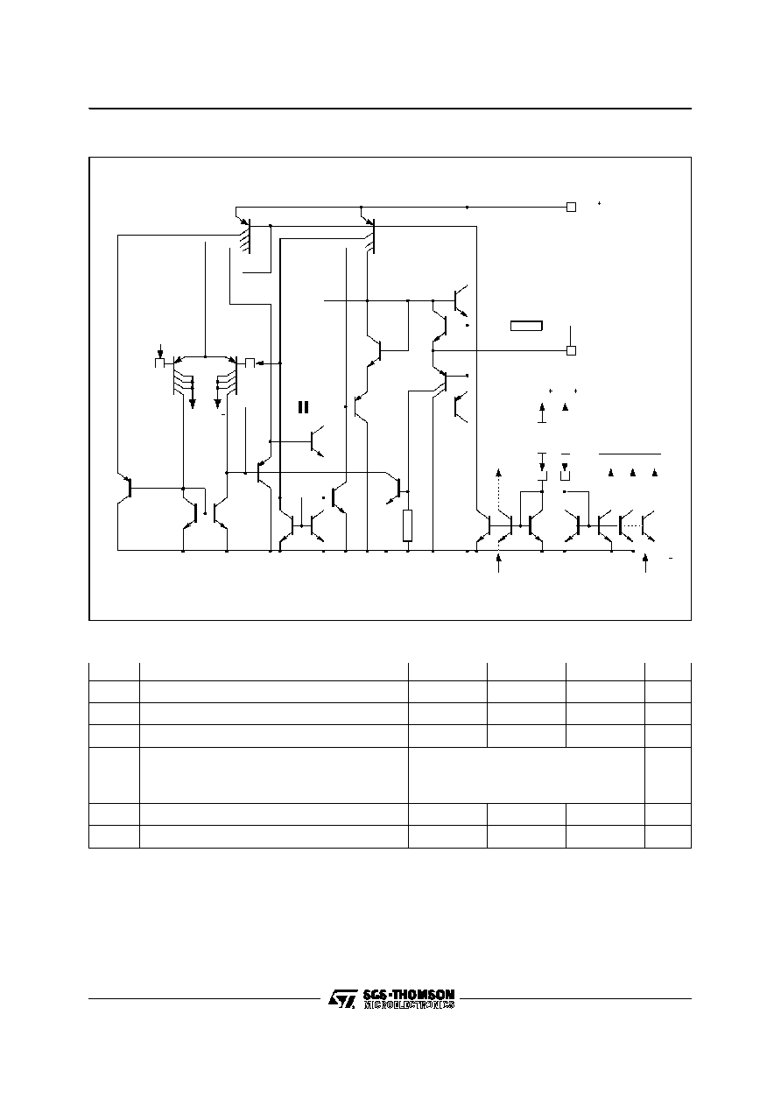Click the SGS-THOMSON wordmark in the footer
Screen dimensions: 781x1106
pyautogui.click(x=408, y=994)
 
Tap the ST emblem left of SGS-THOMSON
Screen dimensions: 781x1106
pyautogui.click(x=342, y=998)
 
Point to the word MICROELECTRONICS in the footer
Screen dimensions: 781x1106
pyautogui.click(x=409, y=1004)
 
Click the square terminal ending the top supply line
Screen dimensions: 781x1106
pyautogui.click(x=571, y=208)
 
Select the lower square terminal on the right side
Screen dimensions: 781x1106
pyautogui.click(x=571, y=351)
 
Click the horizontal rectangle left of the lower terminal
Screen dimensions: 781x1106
pyautogui.click(x=526, y=326)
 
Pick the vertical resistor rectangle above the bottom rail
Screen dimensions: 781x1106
pyautogui.click(x=408, y=525)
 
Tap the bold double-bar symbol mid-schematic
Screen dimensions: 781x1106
pyautogui.click(x=303, y=407)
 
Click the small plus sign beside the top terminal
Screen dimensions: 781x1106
pyautogui.click(x=600, y=203)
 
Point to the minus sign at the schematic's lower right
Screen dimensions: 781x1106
pyautogui.click(x=671, y=558)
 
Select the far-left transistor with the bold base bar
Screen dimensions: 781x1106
pyautogui.click(x=126, y=488)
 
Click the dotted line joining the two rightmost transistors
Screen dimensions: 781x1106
pyautogui.click(x=632, y=525)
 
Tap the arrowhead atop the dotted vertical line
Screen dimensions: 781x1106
pyautogui.click(x=498, y=472)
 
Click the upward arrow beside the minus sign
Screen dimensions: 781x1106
pyautogui.click(x=645, y=563)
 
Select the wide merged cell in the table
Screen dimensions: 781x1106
pyautogui.click(x=526, y=775)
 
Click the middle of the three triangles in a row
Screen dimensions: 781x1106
pyautogui.click(x=633, y=473)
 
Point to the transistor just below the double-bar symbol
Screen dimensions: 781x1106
pyautogui.click(x=317, y=441)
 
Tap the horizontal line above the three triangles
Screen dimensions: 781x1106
pyautogui.click(x=630, y=454)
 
